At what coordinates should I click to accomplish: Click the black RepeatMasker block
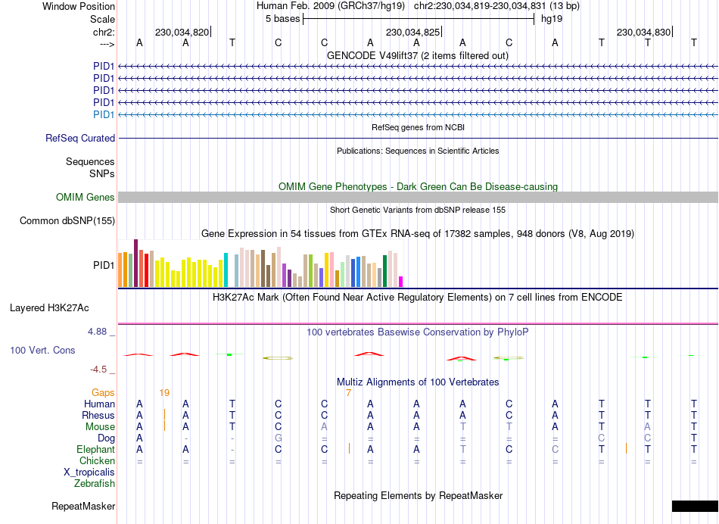(694, 506)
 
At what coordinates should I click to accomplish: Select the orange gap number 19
(164, 392)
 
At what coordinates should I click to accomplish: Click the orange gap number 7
(348, 392)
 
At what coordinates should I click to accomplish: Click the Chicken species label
(97, 460)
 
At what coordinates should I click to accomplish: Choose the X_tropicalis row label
(89, 472)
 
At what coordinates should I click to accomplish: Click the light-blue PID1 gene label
(104, 114)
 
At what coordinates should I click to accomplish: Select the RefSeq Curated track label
(80, 138)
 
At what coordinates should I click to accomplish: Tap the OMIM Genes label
(85, 197)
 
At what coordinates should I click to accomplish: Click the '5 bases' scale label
(282, 18)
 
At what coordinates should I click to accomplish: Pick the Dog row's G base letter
(279, 438)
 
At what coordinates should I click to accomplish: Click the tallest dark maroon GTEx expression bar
(135, 263)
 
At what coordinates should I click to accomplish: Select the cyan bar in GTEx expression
(226, 270)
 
